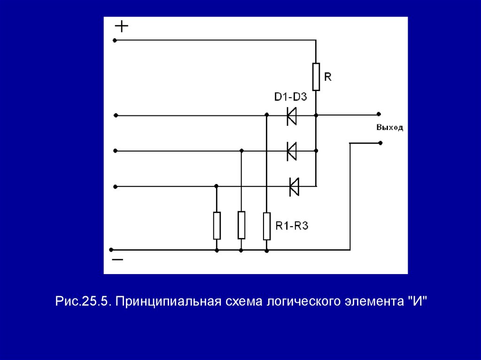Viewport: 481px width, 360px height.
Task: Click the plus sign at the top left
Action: coord(122,26)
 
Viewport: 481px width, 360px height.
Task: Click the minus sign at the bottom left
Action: coord(117,259)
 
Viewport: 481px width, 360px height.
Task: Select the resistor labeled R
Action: coord(316,77)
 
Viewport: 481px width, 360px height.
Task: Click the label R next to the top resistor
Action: coord(328,77)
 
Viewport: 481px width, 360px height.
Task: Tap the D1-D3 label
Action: coord(290,98)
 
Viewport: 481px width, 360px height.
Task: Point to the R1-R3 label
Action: coord(292,226)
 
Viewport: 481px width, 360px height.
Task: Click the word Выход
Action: coord(389,128)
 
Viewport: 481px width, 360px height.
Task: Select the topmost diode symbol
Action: coord(292,115)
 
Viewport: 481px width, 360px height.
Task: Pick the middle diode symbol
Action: coord(292,151)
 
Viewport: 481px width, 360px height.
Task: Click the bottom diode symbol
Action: coord(294,186)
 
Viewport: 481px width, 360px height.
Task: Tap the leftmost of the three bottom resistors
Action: coord(217,225)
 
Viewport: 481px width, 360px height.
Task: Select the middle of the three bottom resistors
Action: coord(241,225)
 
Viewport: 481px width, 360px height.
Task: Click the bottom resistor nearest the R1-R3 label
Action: coord(266,226)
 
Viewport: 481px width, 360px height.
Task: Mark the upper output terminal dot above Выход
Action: coord(378,114)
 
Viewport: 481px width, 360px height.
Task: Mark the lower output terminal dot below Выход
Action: coord(380,143)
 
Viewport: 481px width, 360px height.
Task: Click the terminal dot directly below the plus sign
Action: coord(115,40)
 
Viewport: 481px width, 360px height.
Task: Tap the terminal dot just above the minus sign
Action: coord(111,250)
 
